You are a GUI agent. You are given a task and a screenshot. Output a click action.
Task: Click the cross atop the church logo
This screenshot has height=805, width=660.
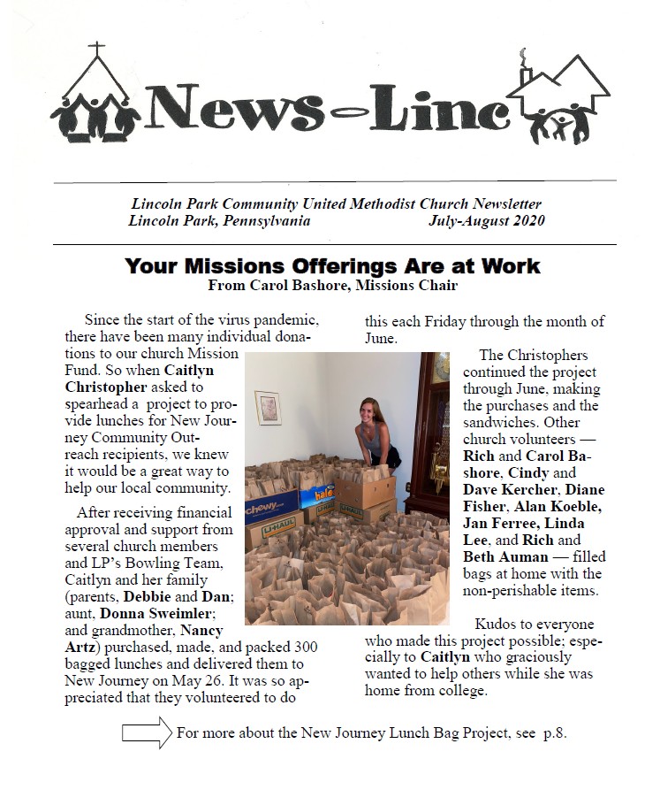(96, 49)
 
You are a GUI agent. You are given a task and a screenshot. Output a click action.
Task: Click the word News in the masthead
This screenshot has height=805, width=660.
(234, 111)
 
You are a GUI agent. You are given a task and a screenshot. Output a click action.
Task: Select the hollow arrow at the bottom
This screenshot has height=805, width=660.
(146, 732)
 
